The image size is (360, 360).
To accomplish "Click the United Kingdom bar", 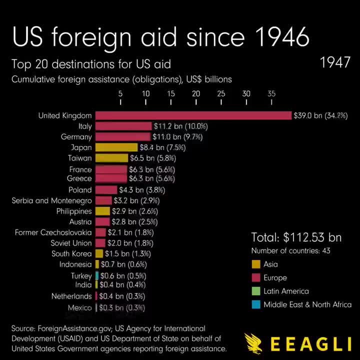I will pyautogui.click(x=193, y=115).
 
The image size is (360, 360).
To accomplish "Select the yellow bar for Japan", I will pyautogui.click(x=116, y=147).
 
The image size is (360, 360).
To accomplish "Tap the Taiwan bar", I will pyautogui.click(x=111, y=158).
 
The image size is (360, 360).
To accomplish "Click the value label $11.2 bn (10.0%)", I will pyautogui.click(x=180, y=126).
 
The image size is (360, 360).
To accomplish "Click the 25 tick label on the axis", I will pyautogui.click(x=221, y=93).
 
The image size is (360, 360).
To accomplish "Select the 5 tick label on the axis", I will pyautogui.click(x=120, y=93).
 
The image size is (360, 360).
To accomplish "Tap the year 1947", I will pyautogui.click(x=335, y=62).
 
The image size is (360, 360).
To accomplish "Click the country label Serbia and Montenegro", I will pyautogui.click(x=52, y=200).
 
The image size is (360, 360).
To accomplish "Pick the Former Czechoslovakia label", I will pyautogui.click(x=53, y=232).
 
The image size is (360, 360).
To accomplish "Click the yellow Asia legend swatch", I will pyautogui.click(x=255, y=264).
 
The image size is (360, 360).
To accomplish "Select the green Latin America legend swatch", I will pyautogui.click(x=255, y=291).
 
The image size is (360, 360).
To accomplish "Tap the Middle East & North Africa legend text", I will pyautogui.click(x=307, y=304).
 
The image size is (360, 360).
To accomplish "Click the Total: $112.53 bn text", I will pyautogui.click(x=296, y=237).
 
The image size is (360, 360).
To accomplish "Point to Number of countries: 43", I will pyautogui.click(x=290, y=250).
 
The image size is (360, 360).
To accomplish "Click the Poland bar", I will pyautogui.click(x=106, y=190).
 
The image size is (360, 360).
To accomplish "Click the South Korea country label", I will pyautogui.click(x=71, y=253).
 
